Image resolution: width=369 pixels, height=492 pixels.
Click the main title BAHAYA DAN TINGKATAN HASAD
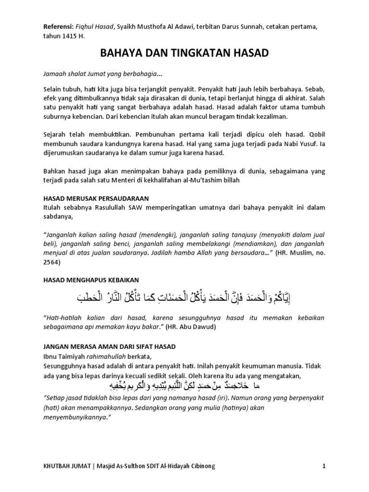click(x=184, y=52)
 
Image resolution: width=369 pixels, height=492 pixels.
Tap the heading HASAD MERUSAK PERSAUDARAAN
click(x=96, y=198)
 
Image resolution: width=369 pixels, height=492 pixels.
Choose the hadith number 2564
click(x=52, y=263)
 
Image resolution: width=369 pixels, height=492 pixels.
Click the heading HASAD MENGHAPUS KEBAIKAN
click(x=92, y=280)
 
